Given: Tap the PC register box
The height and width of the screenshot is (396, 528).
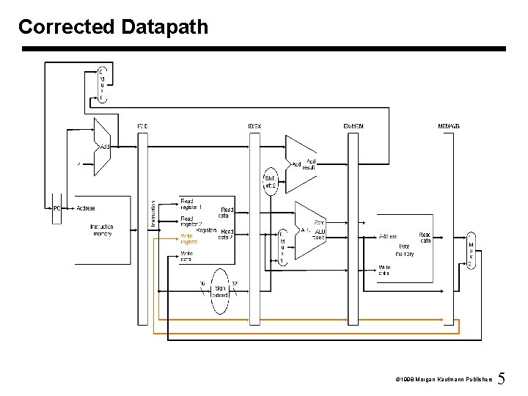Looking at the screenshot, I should (x=56, y=208).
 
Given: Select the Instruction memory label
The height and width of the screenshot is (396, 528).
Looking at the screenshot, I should (x=102, y=230).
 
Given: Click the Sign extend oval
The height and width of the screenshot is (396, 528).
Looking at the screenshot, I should (x=221, y=290).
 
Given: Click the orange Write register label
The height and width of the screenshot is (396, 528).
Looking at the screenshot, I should (x=189, y=239).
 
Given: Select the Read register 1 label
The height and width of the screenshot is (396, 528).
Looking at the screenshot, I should (x=191, y=204).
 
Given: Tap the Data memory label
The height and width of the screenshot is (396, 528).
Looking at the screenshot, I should (x=405, y=250).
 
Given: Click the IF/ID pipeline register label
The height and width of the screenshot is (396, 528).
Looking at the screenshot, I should (x=142, y=127).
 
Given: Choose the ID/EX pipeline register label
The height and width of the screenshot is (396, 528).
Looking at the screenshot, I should (x=254, y=127).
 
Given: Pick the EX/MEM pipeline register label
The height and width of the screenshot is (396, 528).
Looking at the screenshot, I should (x=354, y=127).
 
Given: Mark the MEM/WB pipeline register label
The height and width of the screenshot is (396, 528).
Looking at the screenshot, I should (x=449, y=127).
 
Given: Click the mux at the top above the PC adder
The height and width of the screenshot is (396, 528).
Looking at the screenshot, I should (x=101, y=84).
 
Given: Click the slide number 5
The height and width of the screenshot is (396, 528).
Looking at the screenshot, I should (x=502, y=379).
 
